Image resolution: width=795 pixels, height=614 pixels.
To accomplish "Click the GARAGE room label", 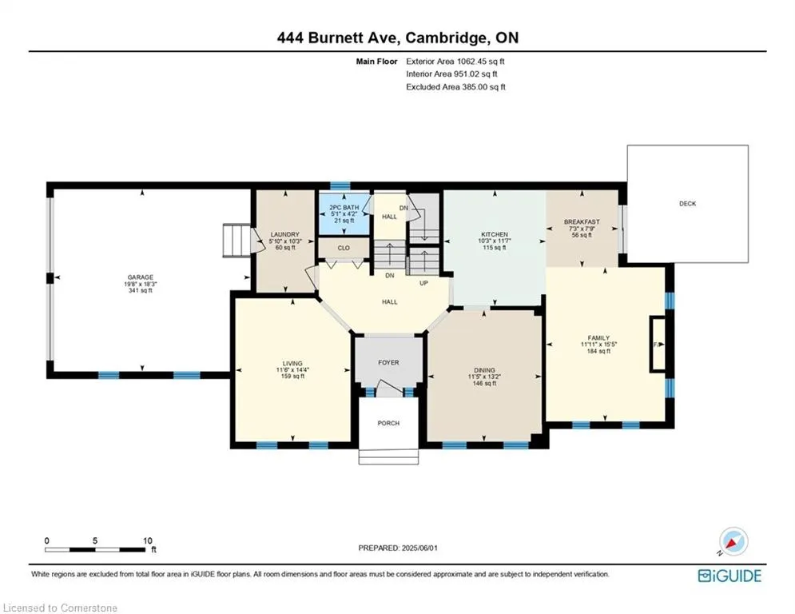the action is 141,277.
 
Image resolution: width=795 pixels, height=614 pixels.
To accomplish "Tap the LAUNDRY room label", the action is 285,234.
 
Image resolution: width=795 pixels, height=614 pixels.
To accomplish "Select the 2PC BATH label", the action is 344,208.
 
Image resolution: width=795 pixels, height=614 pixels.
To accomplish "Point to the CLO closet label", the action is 344,248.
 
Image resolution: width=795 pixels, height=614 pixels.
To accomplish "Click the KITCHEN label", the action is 495,234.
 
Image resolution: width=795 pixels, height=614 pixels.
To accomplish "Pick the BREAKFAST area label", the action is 582,221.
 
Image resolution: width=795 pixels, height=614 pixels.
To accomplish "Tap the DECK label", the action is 687,204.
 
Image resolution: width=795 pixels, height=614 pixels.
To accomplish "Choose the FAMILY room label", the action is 598,338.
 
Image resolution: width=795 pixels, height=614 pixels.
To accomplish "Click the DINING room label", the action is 484,370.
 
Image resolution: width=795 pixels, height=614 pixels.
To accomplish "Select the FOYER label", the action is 388,362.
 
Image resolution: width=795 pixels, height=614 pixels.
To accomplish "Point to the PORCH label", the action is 388,423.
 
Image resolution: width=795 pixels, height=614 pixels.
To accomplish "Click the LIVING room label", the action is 292,363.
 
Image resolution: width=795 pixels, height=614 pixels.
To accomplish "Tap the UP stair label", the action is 423,283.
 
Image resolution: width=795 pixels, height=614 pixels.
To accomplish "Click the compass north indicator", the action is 733,542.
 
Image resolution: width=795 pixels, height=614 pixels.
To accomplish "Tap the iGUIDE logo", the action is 729,576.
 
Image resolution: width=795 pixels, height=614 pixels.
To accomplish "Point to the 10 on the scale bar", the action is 148,540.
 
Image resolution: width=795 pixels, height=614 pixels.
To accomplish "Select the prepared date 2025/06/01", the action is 419,548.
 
